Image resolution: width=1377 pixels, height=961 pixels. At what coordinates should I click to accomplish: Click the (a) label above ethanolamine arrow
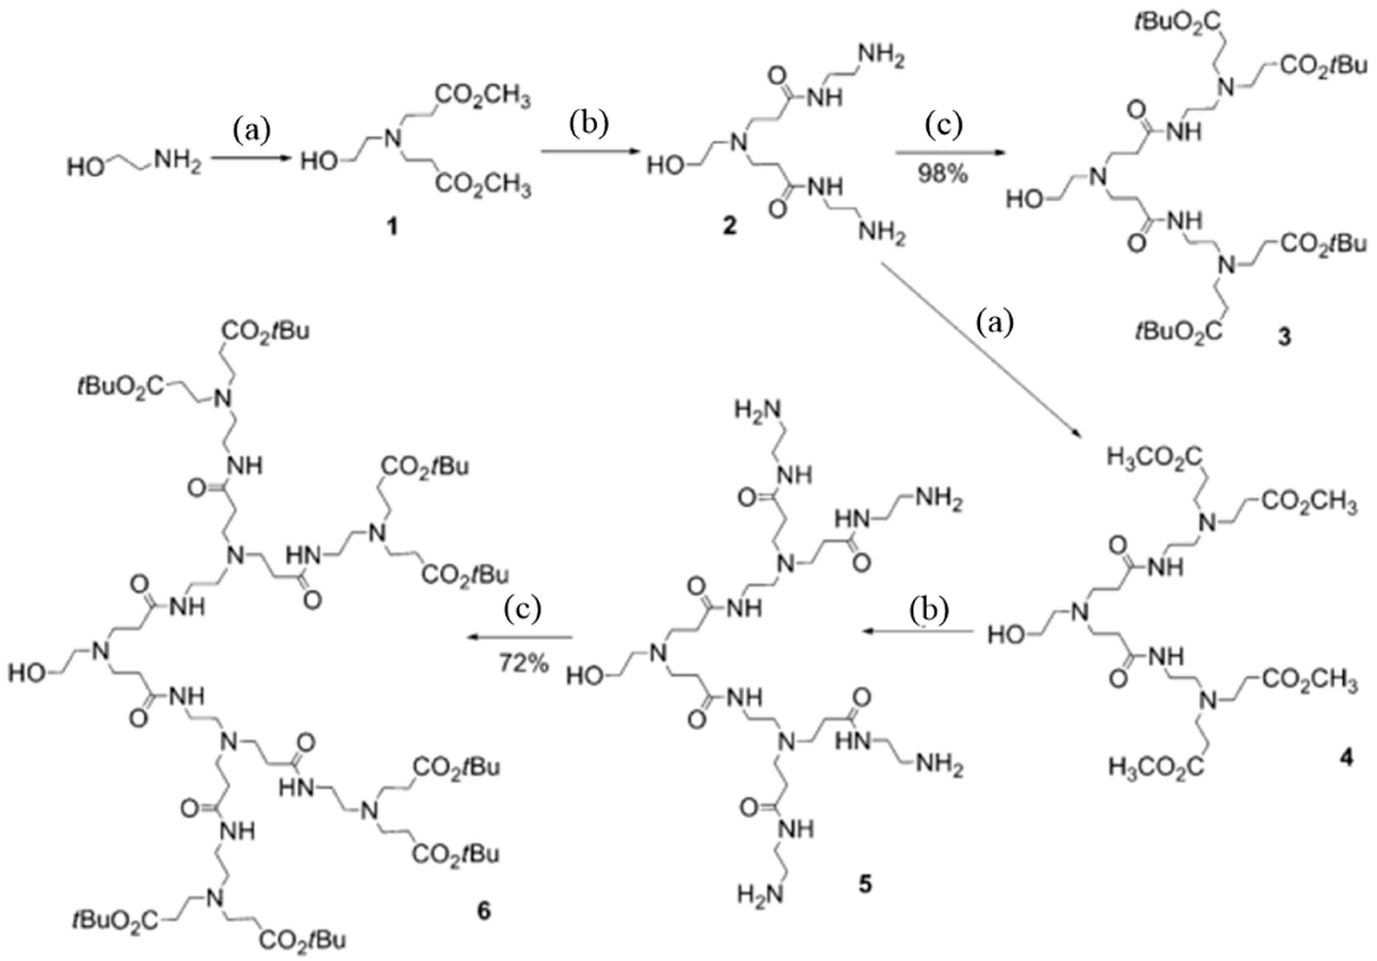[x=251, y=129]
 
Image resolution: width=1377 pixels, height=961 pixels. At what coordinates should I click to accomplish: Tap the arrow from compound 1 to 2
[x=589, y=153]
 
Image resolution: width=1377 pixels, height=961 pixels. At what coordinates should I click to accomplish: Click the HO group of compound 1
[x=318, y=162]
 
